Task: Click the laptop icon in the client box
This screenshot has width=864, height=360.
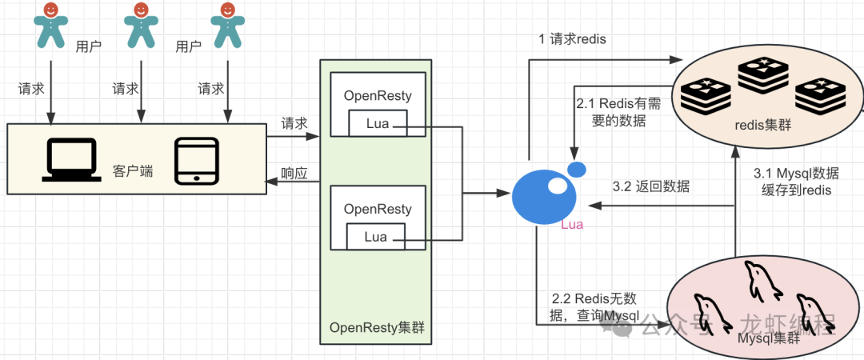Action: point(72,159)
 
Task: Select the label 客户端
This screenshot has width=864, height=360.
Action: point(133,170)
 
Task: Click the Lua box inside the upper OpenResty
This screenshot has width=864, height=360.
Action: point(377,123)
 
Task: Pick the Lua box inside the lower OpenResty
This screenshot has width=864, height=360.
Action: point(375,237)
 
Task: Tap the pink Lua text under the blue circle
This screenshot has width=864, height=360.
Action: point(572,225)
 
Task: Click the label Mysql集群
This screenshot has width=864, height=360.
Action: point(768,338)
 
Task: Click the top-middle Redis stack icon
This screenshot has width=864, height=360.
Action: point(764,72)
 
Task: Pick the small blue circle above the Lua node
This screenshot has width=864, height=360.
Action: point(576,169)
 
